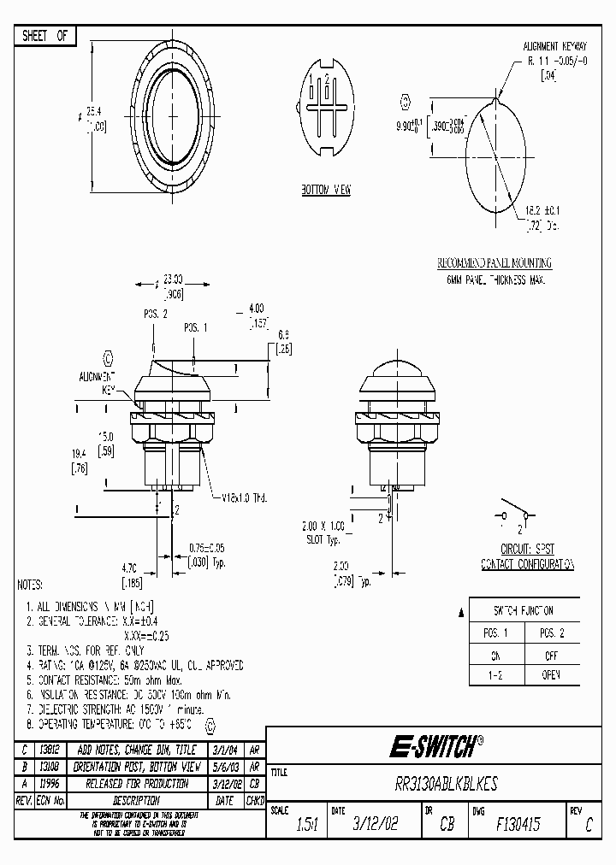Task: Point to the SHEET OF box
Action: [44, 36]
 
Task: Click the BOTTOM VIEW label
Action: [325, 190]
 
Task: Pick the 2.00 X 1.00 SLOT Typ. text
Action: [323, 533]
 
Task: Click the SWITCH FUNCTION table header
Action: [524, 610]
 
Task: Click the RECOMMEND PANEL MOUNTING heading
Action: [495, 263]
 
